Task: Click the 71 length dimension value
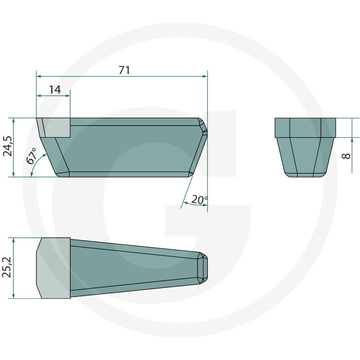click(125, 70)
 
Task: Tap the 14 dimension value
click(55, 90)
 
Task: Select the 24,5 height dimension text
click(8, 146)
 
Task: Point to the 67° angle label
click(31, 156)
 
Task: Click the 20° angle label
click(199, 199)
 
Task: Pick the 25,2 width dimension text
click(7, 267)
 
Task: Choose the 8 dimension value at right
click(346, 156)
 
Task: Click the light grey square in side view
click(56, 128)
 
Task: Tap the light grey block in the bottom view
click(53, 268)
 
